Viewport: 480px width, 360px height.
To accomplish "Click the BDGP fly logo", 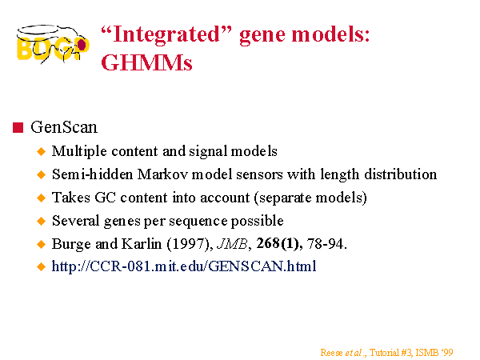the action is [x=53, y=44].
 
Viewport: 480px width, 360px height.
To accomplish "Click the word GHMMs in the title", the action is [x=146, y=62].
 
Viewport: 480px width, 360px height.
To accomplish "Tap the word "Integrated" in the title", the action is [x=166, y=34].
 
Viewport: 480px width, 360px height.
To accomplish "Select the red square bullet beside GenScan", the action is [x=18, y=128].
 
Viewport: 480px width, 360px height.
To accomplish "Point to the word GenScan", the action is [x=64, y=127].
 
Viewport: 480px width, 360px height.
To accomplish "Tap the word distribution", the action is [x=401, y=174].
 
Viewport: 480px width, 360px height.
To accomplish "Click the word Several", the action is [x=76, y=221].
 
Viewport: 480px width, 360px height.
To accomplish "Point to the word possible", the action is [x=257, y=221].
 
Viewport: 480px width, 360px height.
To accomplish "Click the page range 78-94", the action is [x=327, y=244].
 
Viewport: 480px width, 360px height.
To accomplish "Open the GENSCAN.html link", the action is [x=184, y=266].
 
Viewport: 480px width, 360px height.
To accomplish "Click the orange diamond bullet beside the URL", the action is [x=41, y=266].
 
